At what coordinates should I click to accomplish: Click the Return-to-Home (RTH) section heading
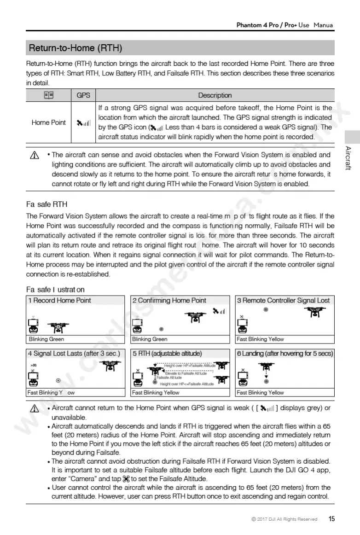[75, 48]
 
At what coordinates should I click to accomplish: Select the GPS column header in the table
[83, 95]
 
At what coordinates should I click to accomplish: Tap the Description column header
[215, 95]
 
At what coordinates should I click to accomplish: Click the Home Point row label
[48, 122]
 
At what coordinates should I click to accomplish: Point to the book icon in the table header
[48, 95]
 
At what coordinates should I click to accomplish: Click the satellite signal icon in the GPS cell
[83, 123]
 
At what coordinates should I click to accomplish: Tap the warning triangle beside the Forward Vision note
[34, 156]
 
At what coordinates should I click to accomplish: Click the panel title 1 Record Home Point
[60, 301]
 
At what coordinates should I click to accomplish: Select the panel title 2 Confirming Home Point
[169, 301]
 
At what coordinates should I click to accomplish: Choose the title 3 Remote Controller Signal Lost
[284, 301]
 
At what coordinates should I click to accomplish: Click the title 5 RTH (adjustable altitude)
[167, 354]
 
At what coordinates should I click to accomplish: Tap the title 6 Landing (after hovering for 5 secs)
[285, 354]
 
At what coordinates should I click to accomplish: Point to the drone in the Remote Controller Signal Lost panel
[315, 312]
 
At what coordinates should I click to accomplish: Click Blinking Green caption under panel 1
[46, 339]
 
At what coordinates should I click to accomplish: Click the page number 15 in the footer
[331, 519]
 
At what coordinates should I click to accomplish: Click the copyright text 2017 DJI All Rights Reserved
[284, 519]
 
